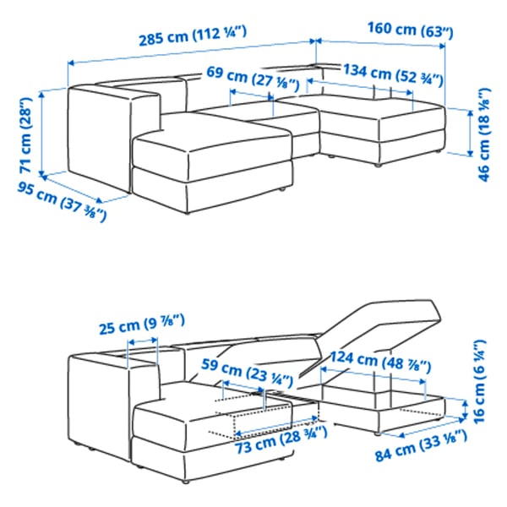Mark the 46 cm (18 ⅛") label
[x=483, y=132]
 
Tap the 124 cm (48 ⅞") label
[x=380, y=359]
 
